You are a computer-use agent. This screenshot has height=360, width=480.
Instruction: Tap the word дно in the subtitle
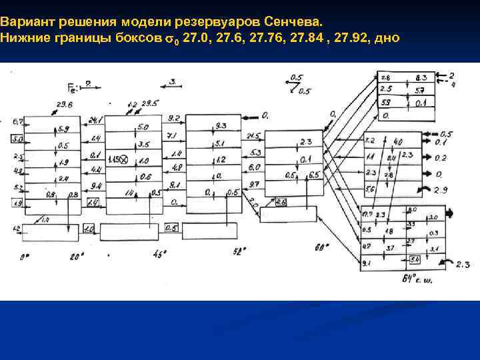coord(386,38)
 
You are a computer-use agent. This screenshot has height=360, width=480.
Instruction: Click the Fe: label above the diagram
coord(75,87)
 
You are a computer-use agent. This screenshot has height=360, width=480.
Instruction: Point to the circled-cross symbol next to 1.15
coord(125,161)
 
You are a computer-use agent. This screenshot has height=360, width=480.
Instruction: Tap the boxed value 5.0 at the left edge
coord(17,139)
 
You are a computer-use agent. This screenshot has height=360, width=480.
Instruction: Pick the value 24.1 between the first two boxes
coord(95,121)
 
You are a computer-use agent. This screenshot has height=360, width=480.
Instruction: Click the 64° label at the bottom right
coord(412,279)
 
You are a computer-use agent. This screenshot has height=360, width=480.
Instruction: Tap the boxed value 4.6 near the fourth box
coord(280,202)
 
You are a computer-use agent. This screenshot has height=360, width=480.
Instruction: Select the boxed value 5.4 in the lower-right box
coord(415,259)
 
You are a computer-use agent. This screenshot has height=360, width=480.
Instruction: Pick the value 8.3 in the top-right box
coord(421,78)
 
